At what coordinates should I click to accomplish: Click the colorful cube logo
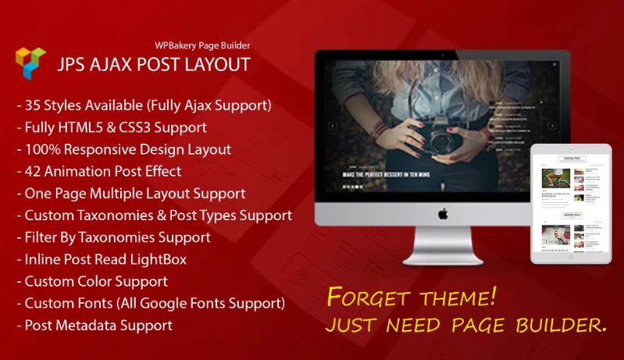click(30, 62)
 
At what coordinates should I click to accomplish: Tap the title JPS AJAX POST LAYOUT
click(153, 64)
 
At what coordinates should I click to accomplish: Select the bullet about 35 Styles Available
click(143, 105)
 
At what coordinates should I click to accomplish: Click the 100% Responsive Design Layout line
click(123, 149)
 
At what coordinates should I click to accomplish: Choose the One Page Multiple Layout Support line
click(130, 193)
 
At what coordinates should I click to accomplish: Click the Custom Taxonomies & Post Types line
click(154, 215)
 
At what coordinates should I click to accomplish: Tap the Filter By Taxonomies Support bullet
click(113, 237)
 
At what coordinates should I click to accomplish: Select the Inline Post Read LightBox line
click(102, 258)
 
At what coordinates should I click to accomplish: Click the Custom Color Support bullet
click(91, 280)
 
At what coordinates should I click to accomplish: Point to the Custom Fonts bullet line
click(150, 302)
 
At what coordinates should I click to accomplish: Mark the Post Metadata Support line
click(94, 325)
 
